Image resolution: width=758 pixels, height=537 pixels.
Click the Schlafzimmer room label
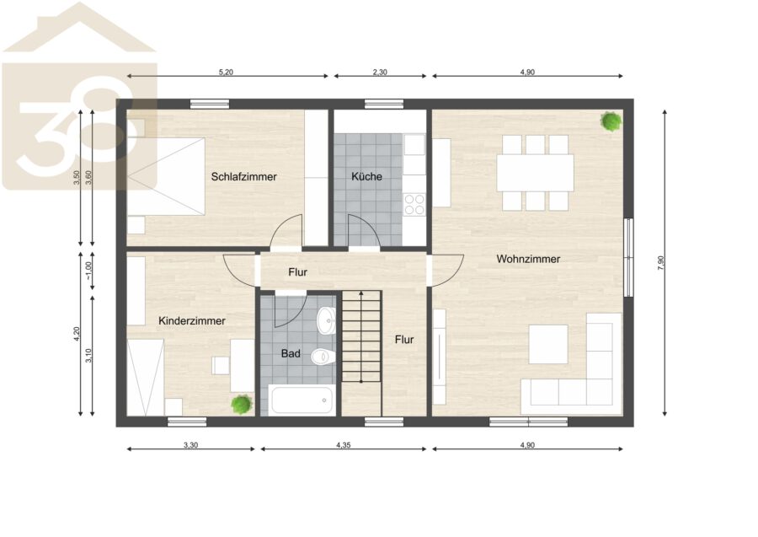tap(243, 176)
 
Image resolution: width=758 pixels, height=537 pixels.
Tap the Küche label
tap(366, 176)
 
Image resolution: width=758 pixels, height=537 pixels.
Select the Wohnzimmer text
tap(528, 259)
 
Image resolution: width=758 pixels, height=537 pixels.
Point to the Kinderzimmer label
tap(192, 320)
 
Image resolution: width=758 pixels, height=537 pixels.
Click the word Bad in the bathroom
tap(291, 354)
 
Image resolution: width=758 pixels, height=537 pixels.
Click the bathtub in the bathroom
tap(302, 400)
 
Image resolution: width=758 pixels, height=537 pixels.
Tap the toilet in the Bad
tap(323, 357)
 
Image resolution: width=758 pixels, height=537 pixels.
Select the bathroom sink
tap(326, 320)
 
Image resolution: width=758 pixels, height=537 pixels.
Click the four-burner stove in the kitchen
tap(414, 204)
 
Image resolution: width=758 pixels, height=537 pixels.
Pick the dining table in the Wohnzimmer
tap(535, 173)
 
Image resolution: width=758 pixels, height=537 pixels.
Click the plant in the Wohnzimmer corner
tap(611, 121)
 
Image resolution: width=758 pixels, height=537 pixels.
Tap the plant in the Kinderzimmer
tap(241, 404)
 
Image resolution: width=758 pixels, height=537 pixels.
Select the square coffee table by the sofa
tap(547, 344)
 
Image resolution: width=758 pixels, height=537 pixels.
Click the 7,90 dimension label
tap(661, 263)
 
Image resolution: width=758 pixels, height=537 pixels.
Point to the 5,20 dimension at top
tap(226, 72)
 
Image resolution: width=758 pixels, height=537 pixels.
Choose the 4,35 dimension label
tap(344, 445)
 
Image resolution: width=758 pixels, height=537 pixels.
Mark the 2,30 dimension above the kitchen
tap(380, 72)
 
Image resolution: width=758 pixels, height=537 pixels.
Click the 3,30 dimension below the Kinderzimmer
tap(190, 445)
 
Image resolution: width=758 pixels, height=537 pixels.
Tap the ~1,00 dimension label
tap(88, 271)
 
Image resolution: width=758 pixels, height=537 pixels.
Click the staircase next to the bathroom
tap(361, 336)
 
